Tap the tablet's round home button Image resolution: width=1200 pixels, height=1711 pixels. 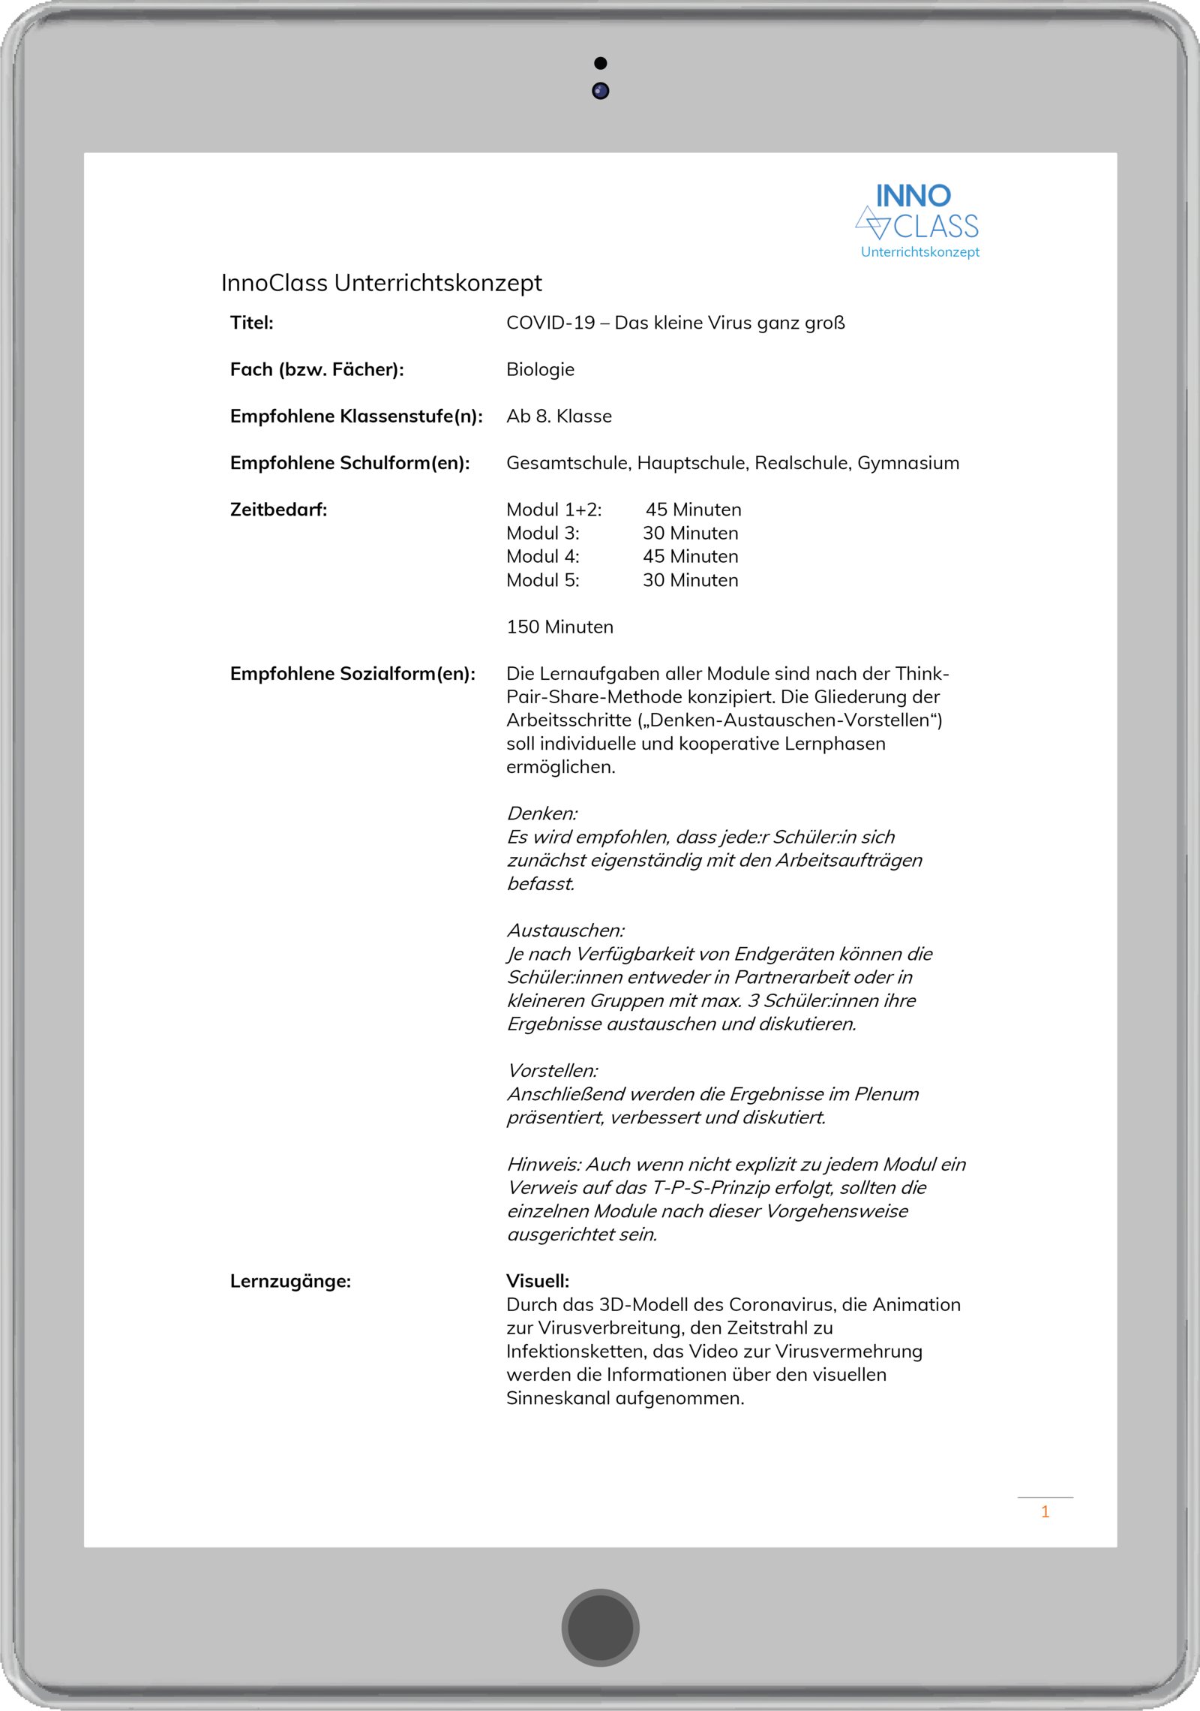point(600,1627)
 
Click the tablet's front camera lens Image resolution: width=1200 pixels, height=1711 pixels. point(600,91)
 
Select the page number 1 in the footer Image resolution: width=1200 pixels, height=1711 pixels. point(1045,1511)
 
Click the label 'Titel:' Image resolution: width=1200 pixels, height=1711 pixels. point(251,323)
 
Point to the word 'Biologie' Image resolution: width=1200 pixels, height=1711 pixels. point(540,369)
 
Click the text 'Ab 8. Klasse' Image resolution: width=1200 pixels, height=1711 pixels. point(559,416)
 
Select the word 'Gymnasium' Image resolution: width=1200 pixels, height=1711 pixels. point(907,463)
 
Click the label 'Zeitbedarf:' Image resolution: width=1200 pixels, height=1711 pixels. point(278,510)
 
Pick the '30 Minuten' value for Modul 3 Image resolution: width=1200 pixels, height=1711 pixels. point(690,534)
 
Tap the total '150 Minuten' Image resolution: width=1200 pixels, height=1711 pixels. point(559,627)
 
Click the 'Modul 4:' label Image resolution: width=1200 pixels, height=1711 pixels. point(542,557)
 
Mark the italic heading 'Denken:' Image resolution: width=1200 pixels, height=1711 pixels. point(542,813)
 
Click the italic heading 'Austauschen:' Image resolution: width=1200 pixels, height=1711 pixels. point(565,931)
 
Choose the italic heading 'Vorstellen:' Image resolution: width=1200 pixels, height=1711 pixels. point(553,1071)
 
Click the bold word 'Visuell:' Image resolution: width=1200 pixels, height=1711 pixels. point(537,1281)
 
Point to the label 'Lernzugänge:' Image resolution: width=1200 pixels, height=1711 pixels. point(290,1281)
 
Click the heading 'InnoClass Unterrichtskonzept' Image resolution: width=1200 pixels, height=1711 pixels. point(381,283)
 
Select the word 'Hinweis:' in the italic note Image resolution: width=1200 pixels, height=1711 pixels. point(544,1165)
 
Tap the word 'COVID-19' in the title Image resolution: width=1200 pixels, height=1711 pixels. point(550,323)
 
